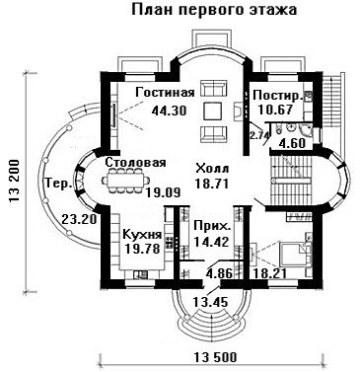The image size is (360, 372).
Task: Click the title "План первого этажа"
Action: [214, 10]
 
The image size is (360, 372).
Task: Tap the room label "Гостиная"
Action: [165, 93]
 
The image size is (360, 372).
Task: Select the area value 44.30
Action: [169, 111]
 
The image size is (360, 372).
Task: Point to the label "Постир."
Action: [278, 96]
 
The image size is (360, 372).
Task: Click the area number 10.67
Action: [275, 110]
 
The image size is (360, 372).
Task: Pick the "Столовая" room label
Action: [136, 163]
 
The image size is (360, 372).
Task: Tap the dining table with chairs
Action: [125, 181]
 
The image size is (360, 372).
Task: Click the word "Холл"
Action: [212, 169]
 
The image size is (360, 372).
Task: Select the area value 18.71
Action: [211, 184]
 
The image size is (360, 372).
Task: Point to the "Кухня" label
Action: [142, 235]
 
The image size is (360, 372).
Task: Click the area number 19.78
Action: [142, 249]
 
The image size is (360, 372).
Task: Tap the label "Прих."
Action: [211, 227]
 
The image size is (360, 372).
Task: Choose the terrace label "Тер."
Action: [59, 184]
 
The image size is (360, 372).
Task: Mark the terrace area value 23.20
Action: [79, 219]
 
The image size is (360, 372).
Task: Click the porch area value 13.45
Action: [210, 302]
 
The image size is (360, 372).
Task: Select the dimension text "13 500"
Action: [215, 357]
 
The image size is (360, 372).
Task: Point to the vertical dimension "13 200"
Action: [15, 183]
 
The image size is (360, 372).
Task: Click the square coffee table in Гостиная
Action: [212, 111]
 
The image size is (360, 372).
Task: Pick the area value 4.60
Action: [291, 144]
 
